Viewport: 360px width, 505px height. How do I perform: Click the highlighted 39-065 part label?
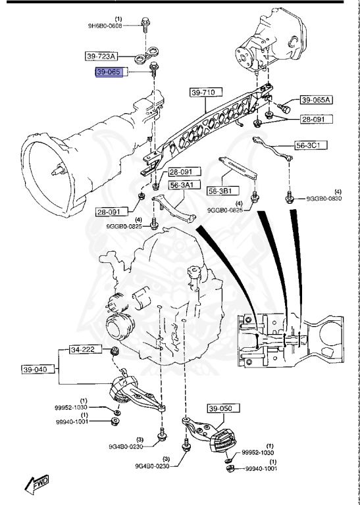[109, 73]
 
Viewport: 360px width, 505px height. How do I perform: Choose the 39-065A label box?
[317, 101]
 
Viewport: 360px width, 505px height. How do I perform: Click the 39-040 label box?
[37, 370]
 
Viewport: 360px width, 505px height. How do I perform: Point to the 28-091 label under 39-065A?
[317, 119]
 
